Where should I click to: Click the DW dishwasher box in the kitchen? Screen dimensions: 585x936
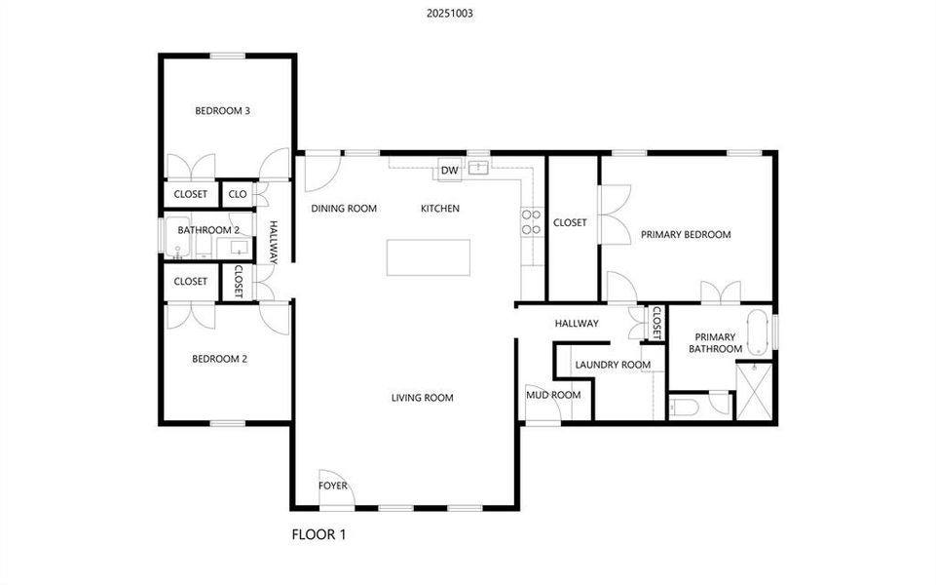449,171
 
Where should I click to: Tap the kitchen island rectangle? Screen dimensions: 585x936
429,257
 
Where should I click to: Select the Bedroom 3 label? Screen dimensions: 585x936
223,111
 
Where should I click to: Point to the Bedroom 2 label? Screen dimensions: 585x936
219,359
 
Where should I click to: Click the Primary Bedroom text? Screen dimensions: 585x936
686,235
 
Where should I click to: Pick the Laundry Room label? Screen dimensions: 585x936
613,366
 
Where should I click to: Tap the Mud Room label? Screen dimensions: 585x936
553,395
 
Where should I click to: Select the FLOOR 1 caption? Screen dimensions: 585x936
319,534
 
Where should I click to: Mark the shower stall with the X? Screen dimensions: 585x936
755,390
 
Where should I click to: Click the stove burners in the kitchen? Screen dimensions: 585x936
532,222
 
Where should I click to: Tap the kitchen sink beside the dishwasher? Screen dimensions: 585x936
479,168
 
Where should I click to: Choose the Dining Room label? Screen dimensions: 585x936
344,209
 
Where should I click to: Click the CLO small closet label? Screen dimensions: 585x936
238,194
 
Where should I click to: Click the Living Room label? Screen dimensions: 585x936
423,398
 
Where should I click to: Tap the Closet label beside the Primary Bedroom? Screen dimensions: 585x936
570,223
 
